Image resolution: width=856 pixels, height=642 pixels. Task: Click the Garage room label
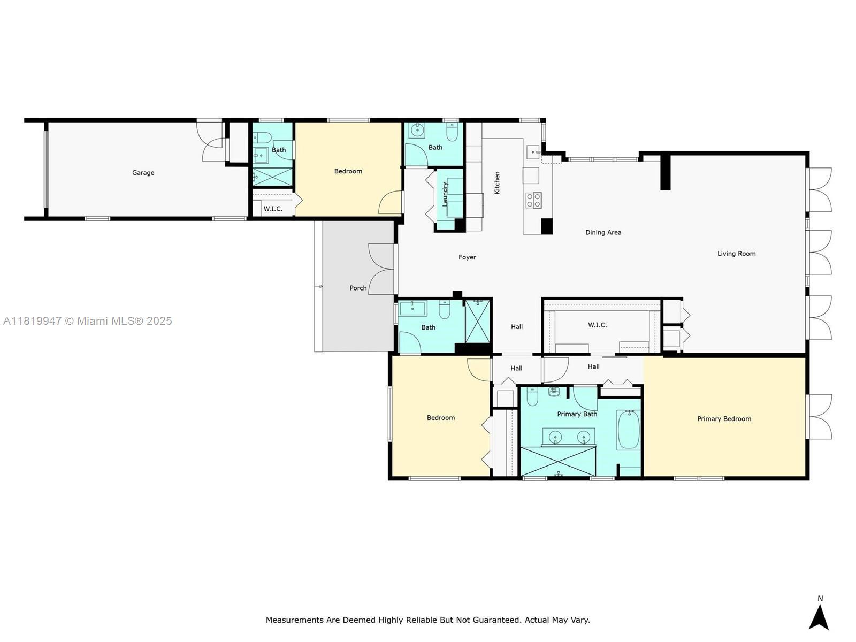pyautogui.click(x=143, y=173)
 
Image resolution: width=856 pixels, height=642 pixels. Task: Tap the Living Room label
pyautogui.click(x=736, y=254)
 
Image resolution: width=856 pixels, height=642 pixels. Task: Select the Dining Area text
pyautogui.click(x=603, y=232)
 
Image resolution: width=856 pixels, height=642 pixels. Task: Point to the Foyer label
pyautogui.click(x=467, y=257)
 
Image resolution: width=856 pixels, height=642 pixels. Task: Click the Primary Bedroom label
pyautogui.click(x=724, y=419)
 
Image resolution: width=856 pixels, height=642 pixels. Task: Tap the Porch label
pyautogui.click(x=358, y=288)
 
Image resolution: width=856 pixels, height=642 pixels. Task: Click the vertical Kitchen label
pyautogui.click(x=497, y=182)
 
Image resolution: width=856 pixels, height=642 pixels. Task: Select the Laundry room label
pyautogui.click(x=445, y=194)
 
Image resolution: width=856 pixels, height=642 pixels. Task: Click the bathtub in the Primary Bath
pyautogui.click(x=629, y=430)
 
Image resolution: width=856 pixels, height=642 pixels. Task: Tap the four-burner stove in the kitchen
pyautogui.click(x=533, y=200)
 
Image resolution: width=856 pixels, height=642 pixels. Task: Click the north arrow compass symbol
pyautogui.click(x=819, y=617)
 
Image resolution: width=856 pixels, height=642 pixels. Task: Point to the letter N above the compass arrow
pyautogui.click(x=820, y=598)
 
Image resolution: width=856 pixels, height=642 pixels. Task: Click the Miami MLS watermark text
pyautogui.click(x=87, y=321)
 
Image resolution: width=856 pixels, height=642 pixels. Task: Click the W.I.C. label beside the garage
pyautogui.click(x=273, y=209)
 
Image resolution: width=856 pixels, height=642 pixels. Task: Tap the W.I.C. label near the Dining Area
pyautogui.click(x=598, y=325)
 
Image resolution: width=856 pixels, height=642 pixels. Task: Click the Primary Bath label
pyautogui.click(x=577, y=414)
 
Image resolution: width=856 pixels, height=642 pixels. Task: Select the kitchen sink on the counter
pyautogui.click(x=533, y=151)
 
